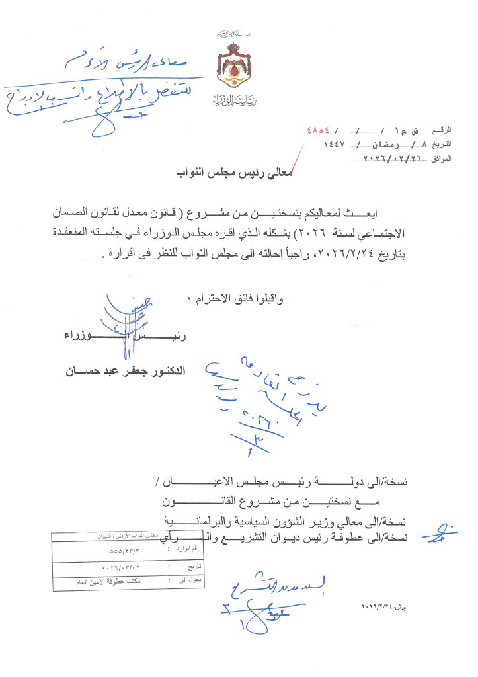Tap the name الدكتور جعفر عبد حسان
point(124,373)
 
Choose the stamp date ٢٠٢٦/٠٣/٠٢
point(121,567)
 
